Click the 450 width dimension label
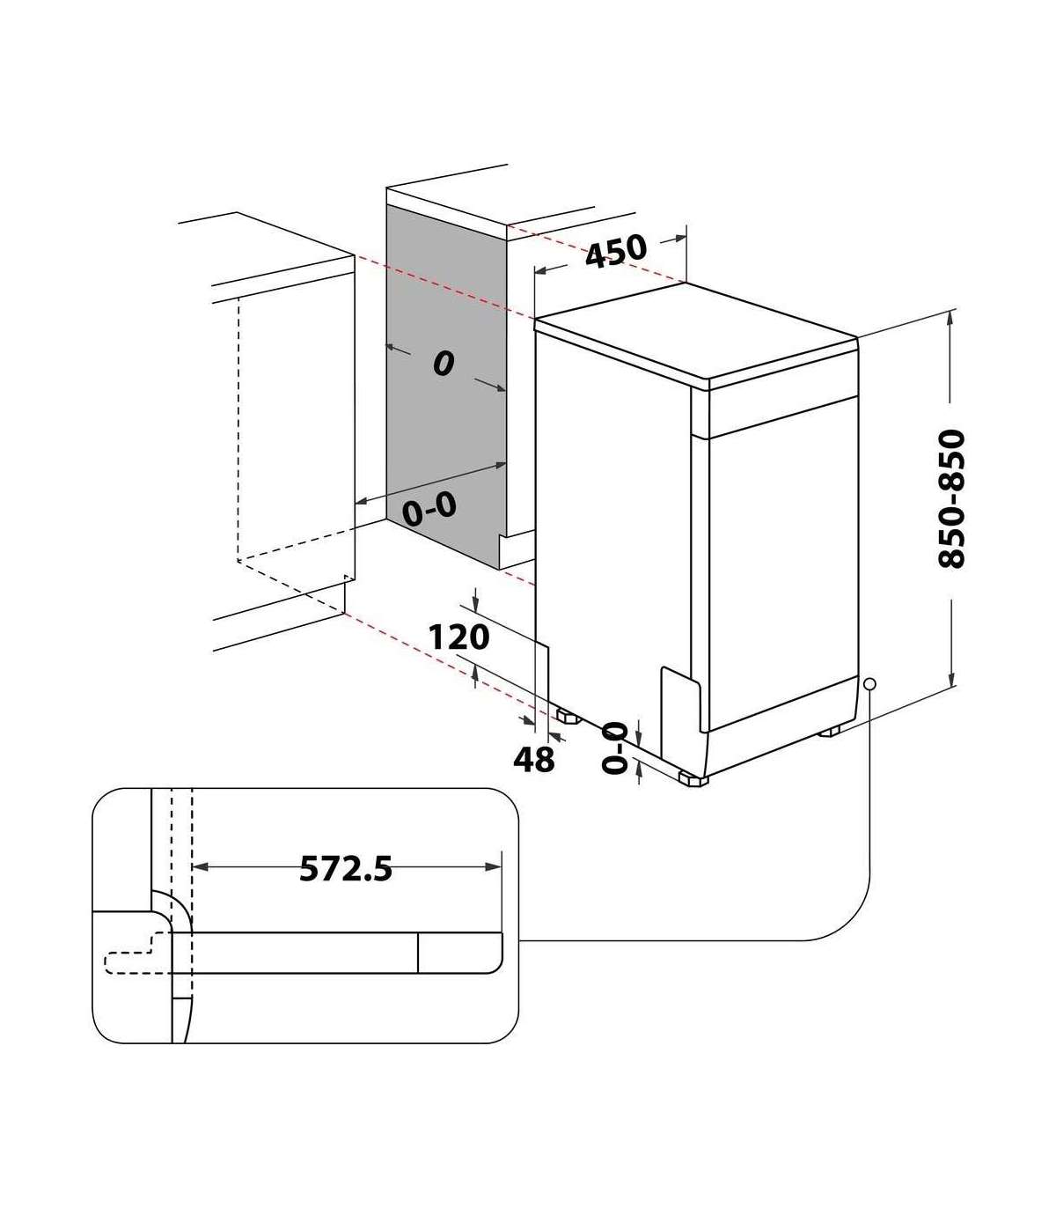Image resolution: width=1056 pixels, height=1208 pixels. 615,252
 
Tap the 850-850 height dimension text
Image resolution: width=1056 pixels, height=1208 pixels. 951,499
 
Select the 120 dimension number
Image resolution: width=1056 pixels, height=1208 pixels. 458,637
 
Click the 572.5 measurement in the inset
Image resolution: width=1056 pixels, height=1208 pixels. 346,869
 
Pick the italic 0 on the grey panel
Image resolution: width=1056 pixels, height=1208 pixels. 444,363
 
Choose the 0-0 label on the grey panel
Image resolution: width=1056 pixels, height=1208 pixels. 429,509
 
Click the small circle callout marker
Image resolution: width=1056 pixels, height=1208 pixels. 869,684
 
